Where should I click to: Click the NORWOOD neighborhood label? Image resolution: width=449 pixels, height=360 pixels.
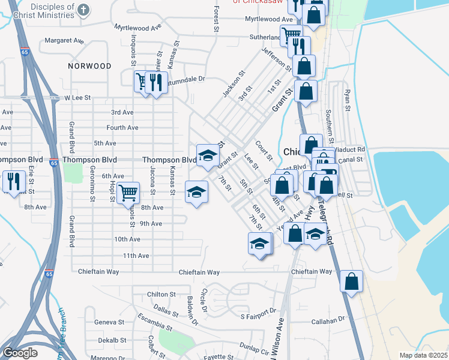(x=89, y=65)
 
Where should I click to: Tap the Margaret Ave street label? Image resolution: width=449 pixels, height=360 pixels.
(x=64, y=41)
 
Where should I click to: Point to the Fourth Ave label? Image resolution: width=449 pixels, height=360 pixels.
(x=122, y=128)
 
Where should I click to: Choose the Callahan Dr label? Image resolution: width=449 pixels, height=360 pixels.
(x=330, y=321)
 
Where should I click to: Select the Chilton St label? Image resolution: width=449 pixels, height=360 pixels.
(x=161, y=295)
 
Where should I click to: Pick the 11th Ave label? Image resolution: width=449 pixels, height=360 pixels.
(x=136, y=256)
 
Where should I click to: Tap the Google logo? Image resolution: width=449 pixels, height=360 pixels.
(x=19, y=353)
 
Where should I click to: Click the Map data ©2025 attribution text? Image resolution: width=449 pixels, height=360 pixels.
(x=423, y=355)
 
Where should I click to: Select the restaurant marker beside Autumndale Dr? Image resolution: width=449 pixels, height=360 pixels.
(x=156, y=82)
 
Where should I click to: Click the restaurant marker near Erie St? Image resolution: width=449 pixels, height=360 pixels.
(x=13, y=181)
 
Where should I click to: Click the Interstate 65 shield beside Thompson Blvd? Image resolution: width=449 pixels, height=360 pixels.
(x=53, y=163)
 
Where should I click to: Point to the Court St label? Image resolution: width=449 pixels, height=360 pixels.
(x=264, y=150)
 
